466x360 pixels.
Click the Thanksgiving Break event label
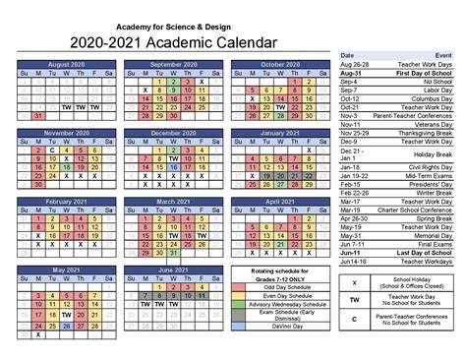coord(424,131)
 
